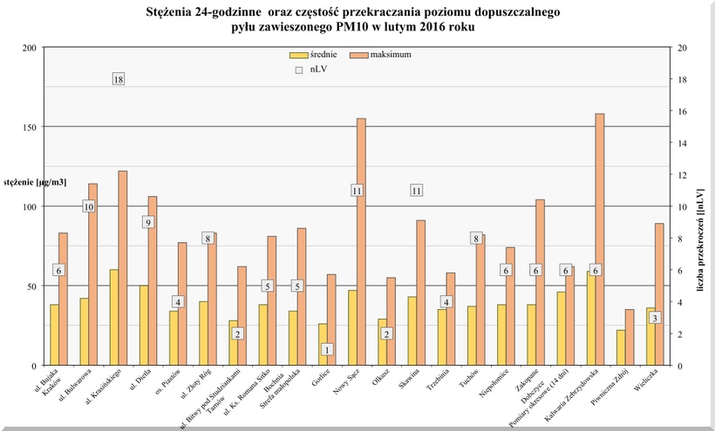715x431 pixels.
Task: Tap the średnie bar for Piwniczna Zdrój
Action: [x=621, y=347]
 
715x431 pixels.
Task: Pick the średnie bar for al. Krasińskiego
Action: [x=114, y=318]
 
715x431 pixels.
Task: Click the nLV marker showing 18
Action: [x=119, y=79]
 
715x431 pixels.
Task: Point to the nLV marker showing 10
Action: [x=89, y=206]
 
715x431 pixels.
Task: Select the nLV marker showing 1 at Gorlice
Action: [x=327, y=349]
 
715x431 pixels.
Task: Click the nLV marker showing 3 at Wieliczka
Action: [x=655, y=318]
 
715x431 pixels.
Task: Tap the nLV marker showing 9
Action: [x=148, y=222]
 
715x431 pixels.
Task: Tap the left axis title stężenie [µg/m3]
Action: [x=35, y=182]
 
